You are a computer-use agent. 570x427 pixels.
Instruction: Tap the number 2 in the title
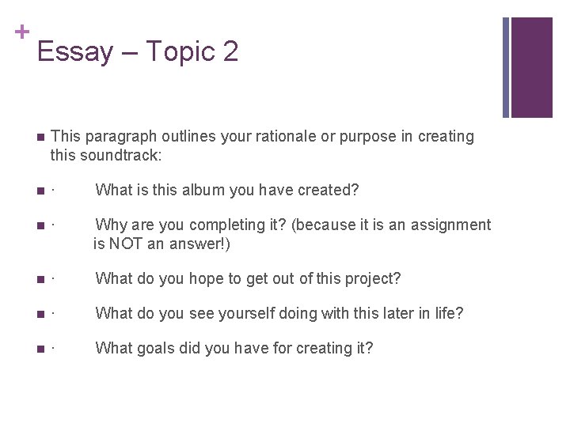230,52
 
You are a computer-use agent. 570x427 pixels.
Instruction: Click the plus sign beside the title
21,32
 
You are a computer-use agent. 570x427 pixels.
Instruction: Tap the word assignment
449,225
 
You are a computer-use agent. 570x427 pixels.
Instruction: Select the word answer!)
203,244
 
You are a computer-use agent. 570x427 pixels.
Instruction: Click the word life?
446,314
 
